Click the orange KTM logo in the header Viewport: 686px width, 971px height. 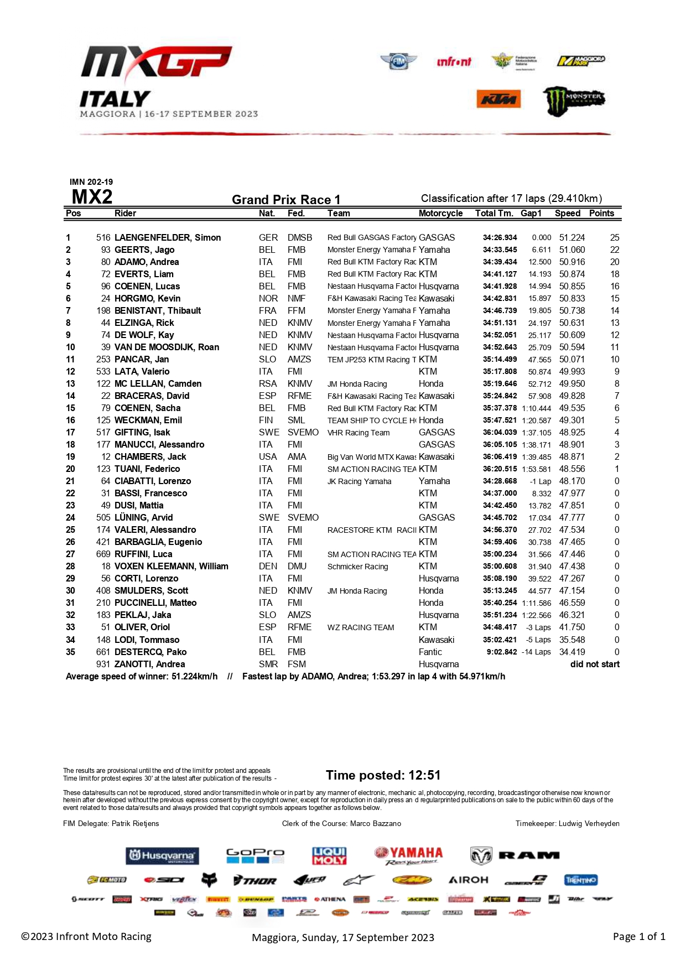(x=498, y=100)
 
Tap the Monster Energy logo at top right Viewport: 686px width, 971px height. (x=574, y=100)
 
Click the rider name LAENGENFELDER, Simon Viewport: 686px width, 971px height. (x=168, y=237)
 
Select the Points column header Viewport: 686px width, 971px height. (x=601, y=214)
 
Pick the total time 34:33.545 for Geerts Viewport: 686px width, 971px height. (x=500, y=250)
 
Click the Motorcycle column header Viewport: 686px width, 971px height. (x=440, y=214)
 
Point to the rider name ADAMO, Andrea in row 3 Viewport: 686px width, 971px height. (x=147, y=262)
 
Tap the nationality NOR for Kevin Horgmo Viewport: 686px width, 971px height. (x=268, y=298)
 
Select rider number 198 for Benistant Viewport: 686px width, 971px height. (x=103, y=310)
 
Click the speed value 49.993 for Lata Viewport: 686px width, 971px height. (x=571, y=371)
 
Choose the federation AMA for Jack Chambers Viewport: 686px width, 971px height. (x=297, y=456)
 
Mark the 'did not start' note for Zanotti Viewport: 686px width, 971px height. (x=595, y=664)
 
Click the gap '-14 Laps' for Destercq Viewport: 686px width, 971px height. (x=536, y=652)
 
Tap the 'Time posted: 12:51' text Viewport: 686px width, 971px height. (x=383, y=775)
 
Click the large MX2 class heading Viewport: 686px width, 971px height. (x=92, y=197)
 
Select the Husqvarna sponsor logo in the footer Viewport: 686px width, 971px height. (x=162, y=855)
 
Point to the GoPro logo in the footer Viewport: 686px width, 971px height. (x=255, y=855)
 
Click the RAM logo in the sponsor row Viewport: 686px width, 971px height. (x=515, y=855)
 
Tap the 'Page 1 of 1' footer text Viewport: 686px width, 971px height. (x=639, y=936)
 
